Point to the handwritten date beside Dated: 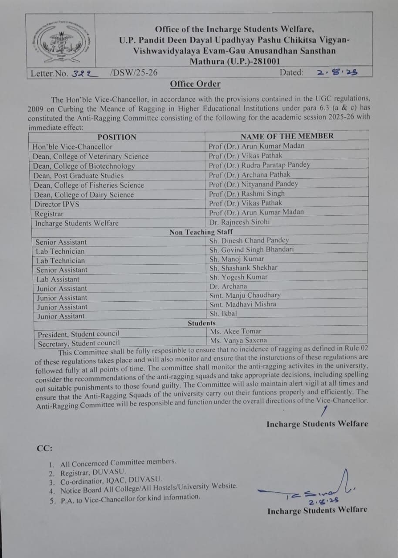click(x=337, y=72)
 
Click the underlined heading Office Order click(x=195, y=84)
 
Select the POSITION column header click(x=117, y=137)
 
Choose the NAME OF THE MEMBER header click(x=287, y=136)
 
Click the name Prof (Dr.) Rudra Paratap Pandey click(x=259, y=165)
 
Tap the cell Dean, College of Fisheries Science click(x=89, y=185)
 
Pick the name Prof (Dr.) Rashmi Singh click(x=246, y=193)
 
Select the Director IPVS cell click(x=57, y=204)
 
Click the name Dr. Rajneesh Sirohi click(x=239, y=222)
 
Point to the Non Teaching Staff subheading click(x=201, y=232)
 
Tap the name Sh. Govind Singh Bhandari click(x=251, y=250)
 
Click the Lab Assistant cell click(x=58, y=279)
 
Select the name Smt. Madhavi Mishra click(x=243, y=304)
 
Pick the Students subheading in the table click(x=202, y=323)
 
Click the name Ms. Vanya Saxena click(x=239, y=340)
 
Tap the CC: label click(x=45, y=448)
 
